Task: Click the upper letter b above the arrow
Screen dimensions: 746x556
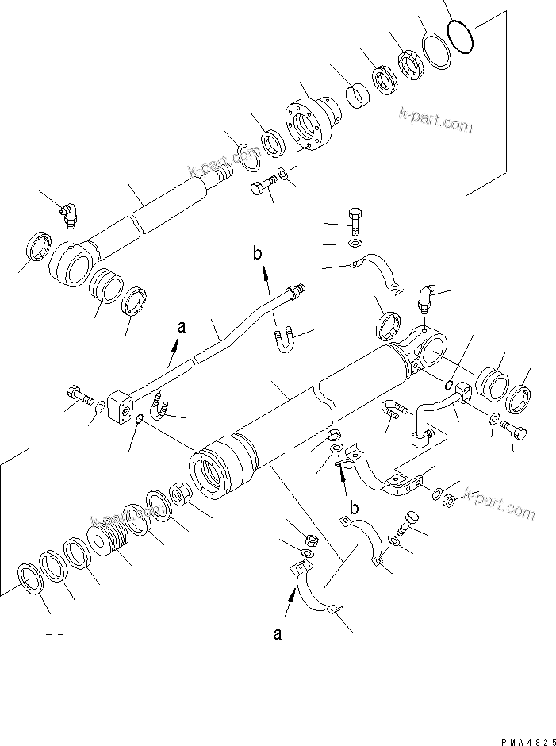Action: [x=256, y=254]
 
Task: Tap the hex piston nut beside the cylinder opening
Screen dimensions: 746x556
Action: [x=181, y=499]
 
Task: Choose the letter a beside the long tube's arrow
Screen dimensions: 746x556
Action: [x=181, y=326]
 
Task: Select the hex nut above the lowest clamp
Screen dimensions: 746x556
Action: [x=312, y=540]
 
